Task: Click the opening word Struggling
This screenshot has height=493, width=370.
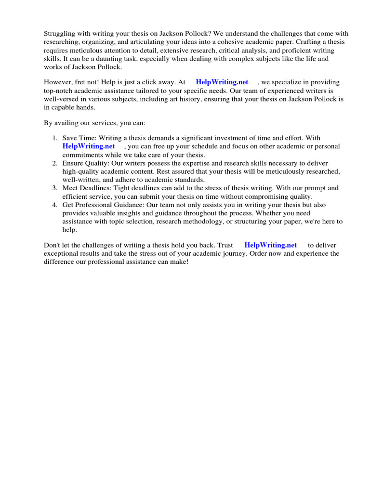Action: [x=60, y=33]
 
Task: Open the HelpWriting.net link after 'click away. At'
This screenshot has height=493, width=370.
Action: [x=222, y=82]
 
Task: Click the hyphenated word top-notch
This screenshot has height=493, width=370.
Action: [x=61, y=91]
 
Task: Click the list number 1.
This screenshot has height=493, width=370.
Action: [x=55, y=138]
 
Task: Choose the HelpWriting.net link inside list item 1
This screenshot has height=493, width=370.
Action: [x=89, y=146]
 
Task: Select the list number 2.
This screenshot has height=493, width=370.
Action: [x=55, y=163]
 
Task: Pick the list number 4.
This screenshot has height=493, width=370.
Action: [x=55, y=205]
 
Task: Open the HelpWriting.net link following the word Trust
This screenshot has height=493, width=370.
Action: [x=271, y=245]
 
